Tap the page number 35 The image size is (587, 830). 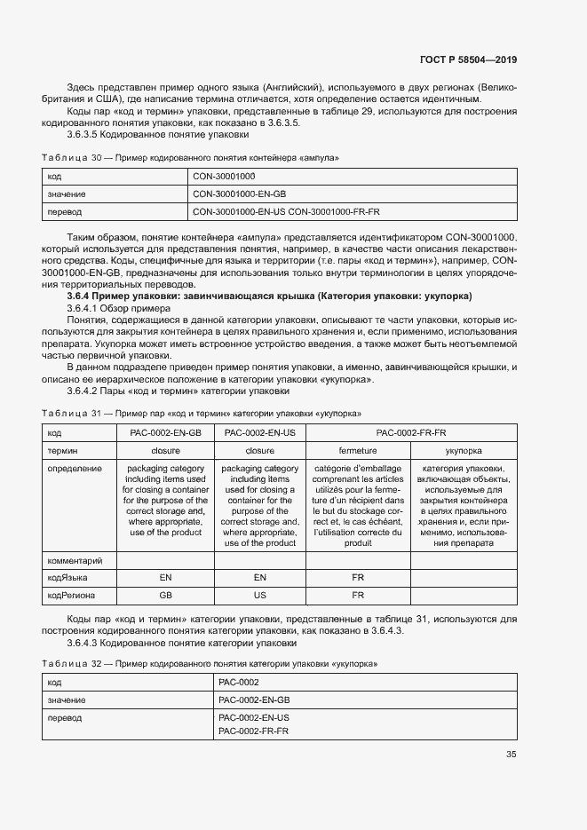[x=511, y=755]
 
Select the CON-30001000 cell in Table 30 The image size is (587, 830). [x=223, y=177]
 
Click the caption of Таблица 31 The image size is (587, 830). [x=201, y=413]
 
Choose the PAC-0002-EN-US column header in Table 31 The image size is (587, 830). [x=259, y=432]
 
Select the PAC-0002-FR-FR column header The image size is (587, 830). [x=410, y=432]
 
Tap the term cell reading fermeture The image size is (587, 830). [x=357, y=450]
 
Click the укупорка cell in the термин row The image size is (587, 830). [x=464, y=450]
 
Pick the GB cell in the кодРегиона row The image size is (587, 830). [x=165, y=595]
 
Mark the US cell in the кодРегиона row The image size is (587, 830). [x=259, y=595]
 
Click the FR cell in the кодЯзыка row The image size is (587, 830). [x=357, y=577]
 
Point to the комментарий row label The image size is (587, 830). [x=75, y=560]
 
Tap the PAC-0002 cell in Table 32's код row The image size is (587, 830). [x=238, y=682]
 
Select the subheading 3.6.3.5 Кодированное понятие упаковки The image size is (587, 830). [x=150, y=135]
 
